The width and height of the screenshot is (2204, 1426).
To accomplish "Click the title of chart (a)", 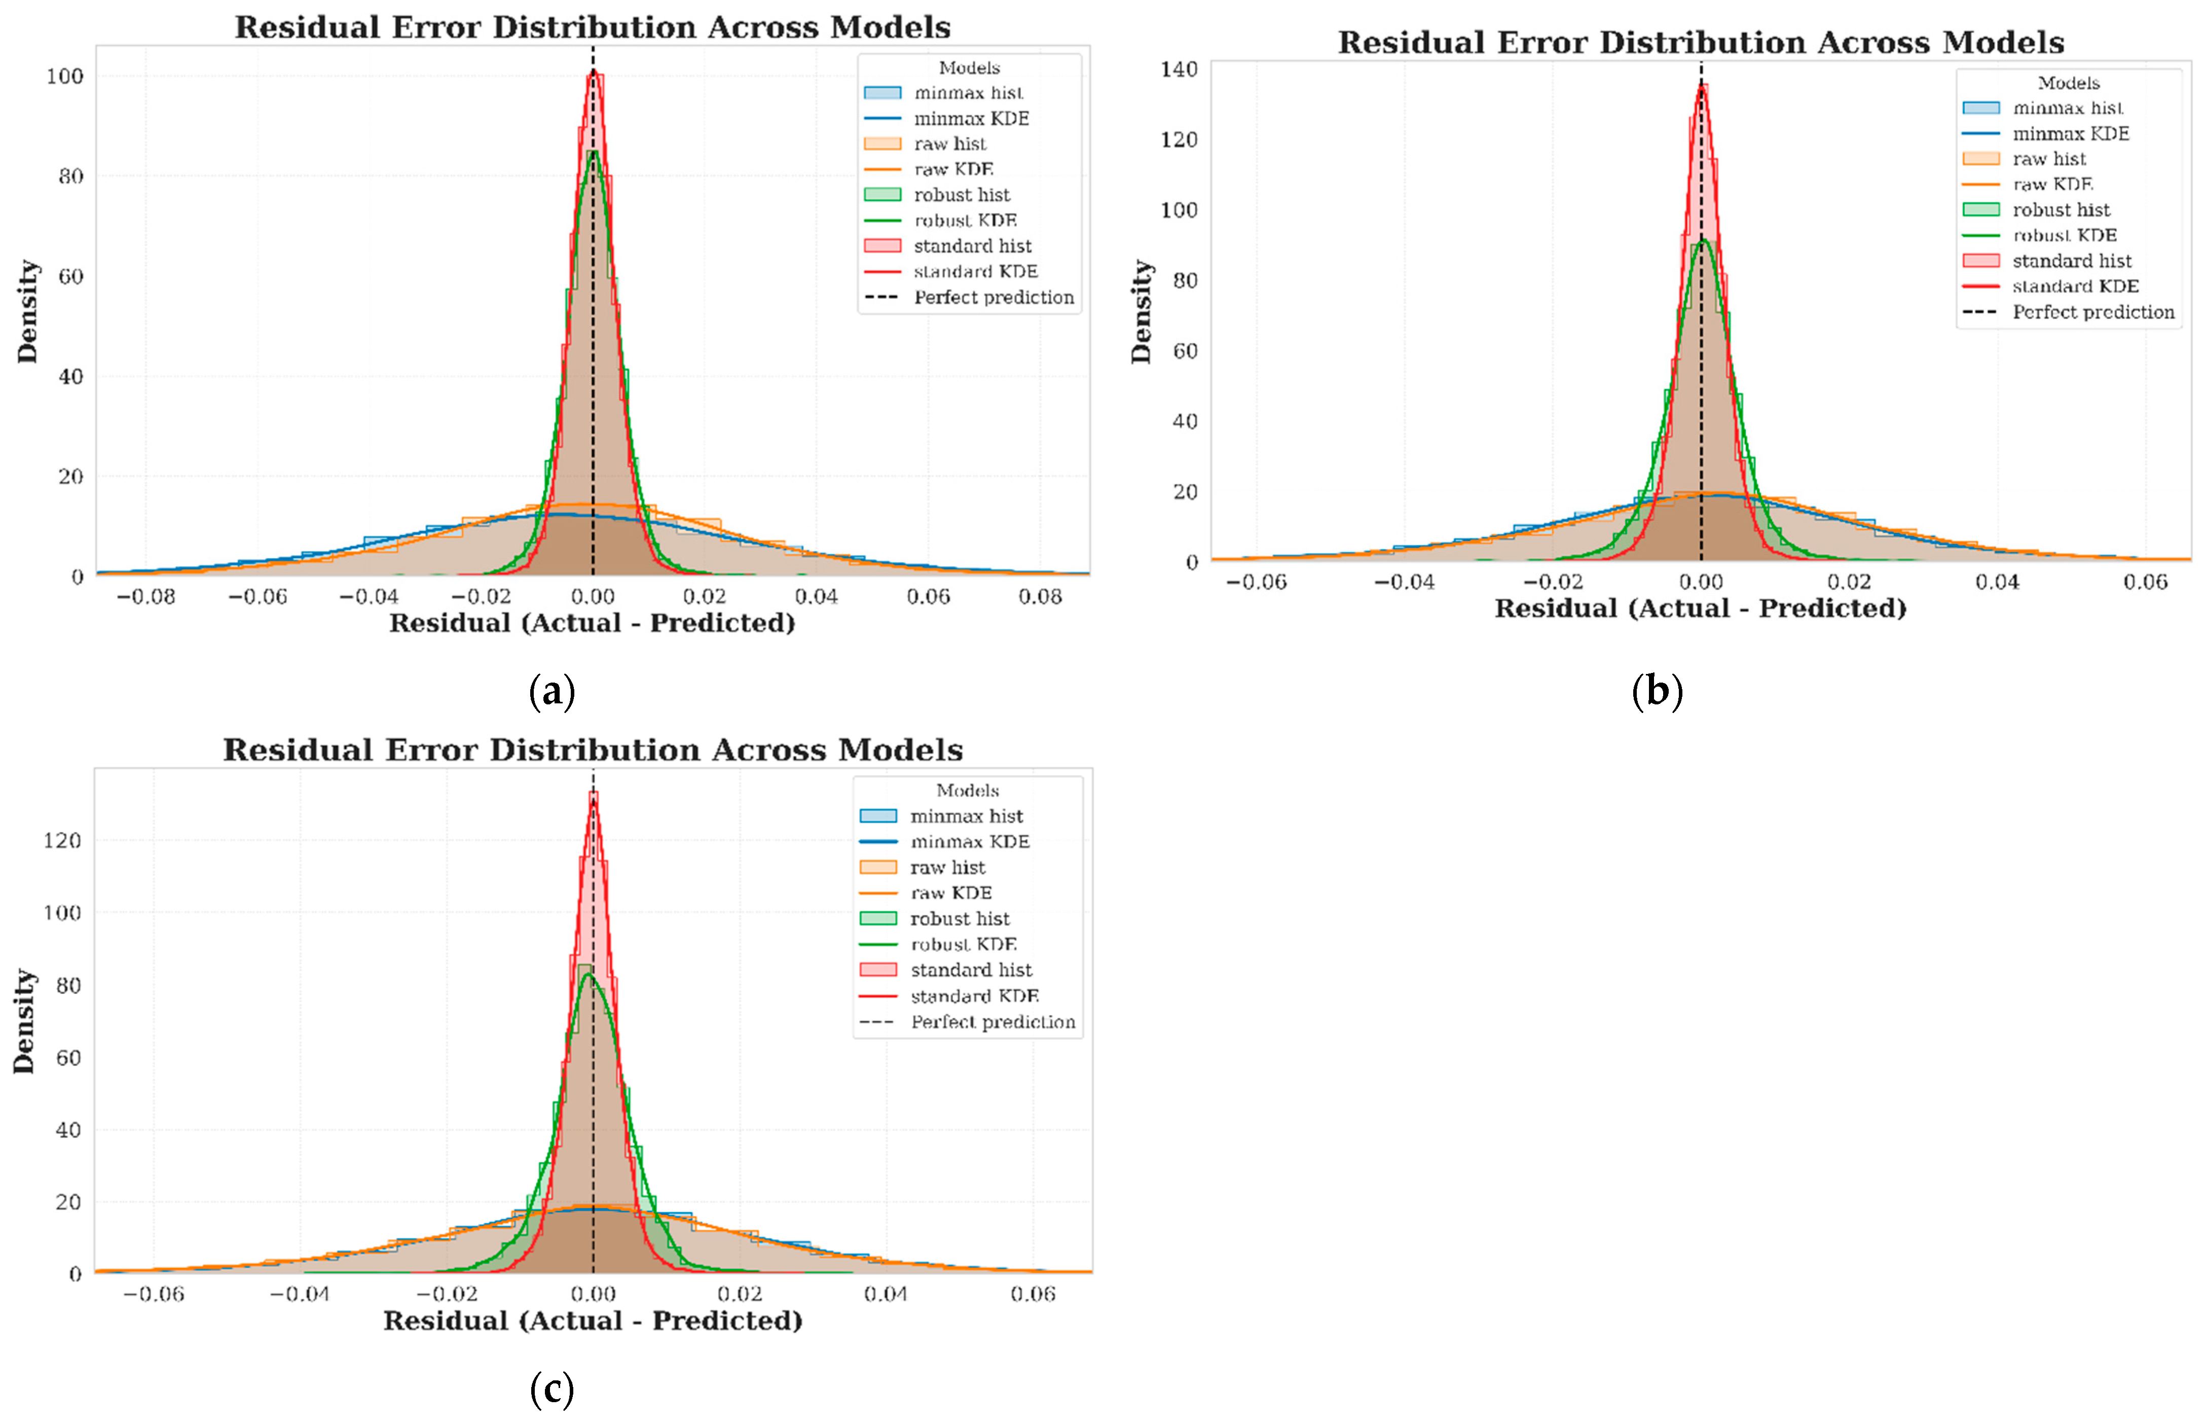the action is tap(593, 27).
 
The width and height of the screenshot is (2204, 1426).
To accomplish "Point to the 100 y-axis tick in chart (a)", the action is tap(65, 76).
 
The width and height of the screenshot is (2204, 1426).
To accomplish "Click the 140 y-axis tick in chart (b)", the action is tap(1179, 68).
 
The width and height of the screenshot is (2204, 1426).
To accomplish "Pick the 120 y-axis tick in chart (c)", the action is tap(62, 840).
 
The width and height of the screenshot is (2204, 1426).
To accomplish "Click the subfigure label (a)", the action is tap(552, 691).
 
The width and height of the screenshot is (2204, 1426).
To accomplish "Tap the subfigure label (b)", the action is tap(1657, 691).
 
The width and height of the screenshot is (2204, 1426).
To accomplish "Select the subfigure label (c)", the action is tap(552, 1389).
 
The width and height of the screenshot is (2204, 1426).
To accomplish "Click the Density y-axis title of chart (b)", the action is tap(1142, 311).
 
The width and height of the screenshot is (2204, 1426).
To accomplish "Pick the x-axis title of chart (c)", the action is tap(593, 1321).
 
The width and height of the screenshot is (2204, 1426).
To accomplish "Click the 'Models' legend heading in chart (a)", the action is tap(969, 67).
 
